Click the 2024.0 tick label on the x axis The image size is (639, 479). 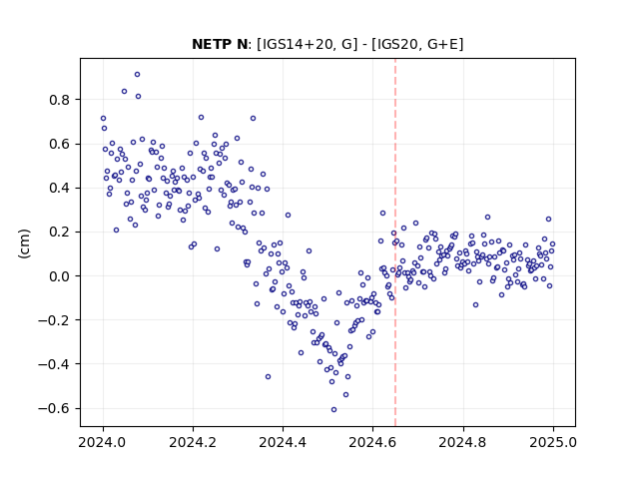tap(103, 442)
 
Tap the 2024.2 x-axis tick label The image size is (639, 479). tap(193, 442)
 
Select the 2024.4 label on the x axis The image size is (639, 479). tap(283, 442)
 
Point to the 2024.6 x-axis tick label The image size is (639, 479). tap(372, 442)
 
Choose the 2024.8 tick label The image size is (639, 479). tap(463, 442)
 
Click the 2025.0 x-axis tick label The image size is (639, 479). tap(553, 442)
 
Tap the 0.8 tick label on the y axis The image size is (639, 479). tap(59, 100)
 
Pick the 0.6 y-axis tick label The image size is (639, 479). tap(59, 144)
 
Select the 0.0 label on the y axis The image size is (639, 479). tap(59, 276)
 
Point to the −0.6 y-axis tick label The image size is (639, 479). tap(54, 408)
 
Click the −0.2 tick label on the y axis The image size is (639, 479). tap(54, 320)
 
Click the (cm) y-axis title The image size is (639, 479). tap(24, 243)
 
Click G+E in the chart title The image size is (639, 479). tap(442, 44)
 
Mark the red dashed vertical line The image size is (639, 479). tap(395, 242)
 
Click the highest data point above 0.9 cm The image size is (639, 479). tap(138, 75)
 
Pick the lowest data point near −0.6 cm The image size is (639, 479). tap(333, 410)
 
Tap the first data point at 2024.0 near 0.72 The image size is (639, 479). tap(103, 119)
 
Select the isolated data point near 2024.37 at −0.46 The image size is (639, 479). tap(268, 377)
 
